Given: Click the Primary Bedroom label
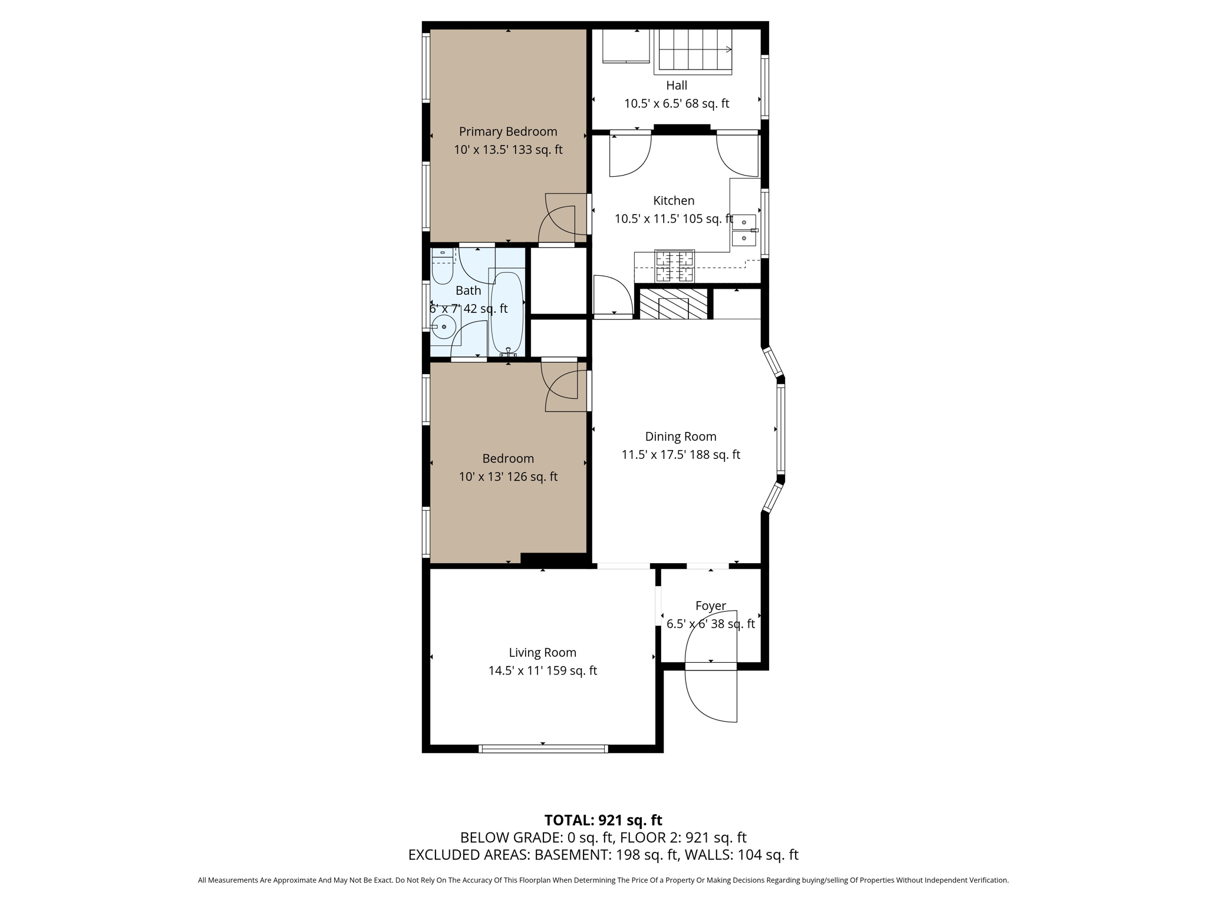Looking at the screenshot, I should point(508,131).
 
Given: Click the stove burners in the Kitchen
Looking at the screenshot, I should point(675,266).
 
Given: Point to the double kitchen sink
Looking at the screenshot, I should point(744,230).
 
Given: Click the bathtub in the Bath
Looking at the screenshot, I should point(507,312).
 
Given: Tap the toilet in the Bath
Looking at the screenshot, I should point(442,268).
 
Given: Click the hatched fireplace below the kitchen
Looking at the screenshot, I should point(673,304).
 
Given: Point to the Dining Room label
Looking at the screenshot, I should point(681,437).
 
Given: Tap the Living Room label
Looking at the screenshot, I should point(542,652).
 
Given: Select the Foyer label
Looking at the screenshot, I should point(710,606).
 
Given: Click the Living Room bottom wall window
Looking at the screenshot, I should point(543,749).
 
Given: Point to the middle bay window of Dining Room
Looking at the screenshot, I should point(781,428).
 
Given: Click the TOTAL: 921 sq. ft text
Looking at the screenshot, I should point(603,820).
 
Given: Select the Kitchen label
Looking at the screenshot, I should point(674,200).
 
